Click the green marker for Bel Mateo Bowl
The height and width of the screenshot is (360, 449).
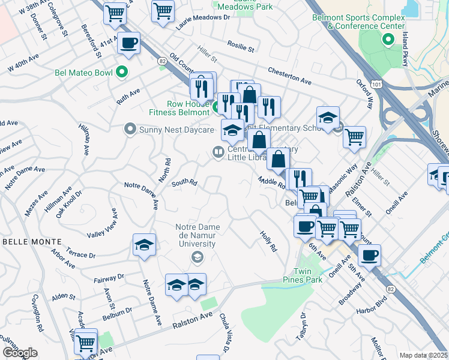122,73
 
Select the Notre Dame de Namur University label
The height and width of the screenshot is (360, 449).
196,236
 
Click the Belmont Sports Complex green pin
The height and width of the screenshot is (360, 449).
388,40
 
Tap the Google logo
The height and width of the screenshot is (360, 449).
20,352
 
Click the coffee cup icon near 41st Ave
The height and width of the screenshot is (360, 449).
128,43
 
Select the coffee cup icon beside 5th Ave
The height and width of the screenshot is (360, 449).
369,255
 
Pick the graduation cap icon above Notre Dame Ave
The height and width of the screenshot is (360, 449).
144,245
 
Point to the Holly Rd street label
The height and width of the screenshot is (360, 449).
268,241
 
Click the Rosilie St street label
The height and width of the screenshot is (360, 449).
241,46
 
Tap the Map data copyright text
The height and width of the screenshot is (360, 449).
423,355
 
